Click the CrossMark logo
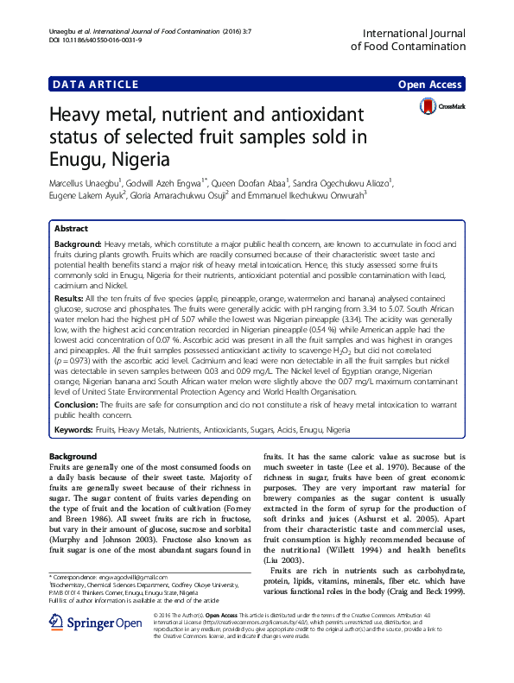point(441,106)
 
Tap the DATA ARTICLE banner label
point(95,84)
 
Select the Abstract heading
point(71,229)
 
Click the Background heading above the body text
point(73,455)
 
